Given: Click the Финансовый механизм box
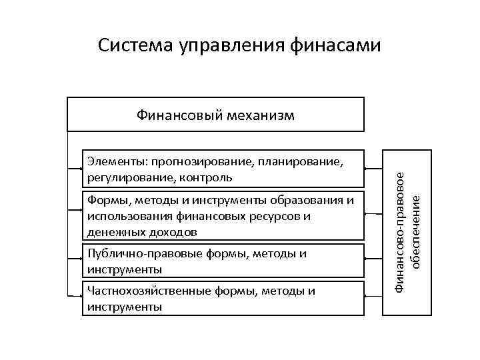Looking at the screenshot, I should pos(215,115).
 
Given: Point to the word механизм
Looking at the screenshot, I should pos(260,115).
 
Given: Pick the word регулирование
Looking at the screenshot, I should pos(123,178).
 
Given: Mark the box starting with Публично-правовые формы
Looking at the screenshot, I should pos(223,261).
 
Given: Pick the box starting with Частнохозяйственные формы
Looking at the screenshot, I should pos(223,298).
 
